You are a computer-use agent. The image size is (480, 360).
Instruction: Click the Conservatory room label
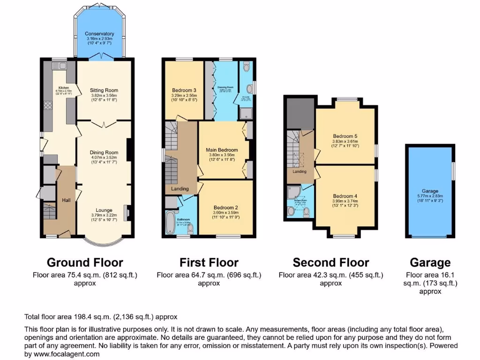99,34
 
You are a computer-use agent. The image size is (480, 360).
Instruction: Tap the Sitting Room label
105,90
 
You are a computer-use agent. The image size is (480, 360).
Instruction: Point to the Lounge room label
104,210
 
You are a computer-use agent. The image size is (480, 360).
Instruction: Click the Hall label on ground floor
66,200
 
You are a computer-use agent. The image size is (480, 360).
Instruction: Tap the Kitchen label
63,88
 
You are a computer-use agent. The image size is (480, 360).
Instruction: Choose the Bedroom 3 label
184,90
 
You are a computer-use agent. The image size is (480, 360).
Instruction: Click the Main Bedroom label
222,150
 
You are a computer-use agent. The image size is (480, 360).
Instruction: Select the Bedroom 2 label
226,207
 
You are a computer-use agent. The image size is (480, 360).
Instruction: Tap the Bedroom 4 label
345,196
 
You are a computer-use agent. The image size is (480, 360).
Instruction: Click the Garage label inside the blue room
430,191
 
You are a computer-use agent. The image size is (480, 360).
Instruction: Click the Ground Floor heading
85,262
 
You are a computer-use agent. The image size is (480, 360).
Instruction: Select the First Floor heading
209,262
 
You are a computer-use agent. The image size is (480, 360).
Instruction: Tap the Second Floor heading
331,262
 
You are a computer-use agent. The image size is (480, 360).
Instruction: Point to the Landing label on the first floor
180,189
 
